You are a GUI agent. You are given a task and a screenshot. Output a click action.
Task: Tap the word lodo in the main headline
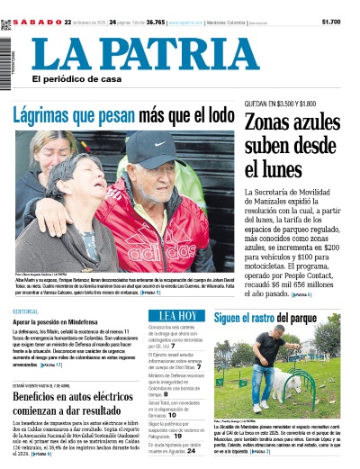[x=204, y=115]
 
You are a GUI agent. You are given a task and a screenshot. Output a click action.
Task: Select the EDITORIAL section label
[x=26, y=311]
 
